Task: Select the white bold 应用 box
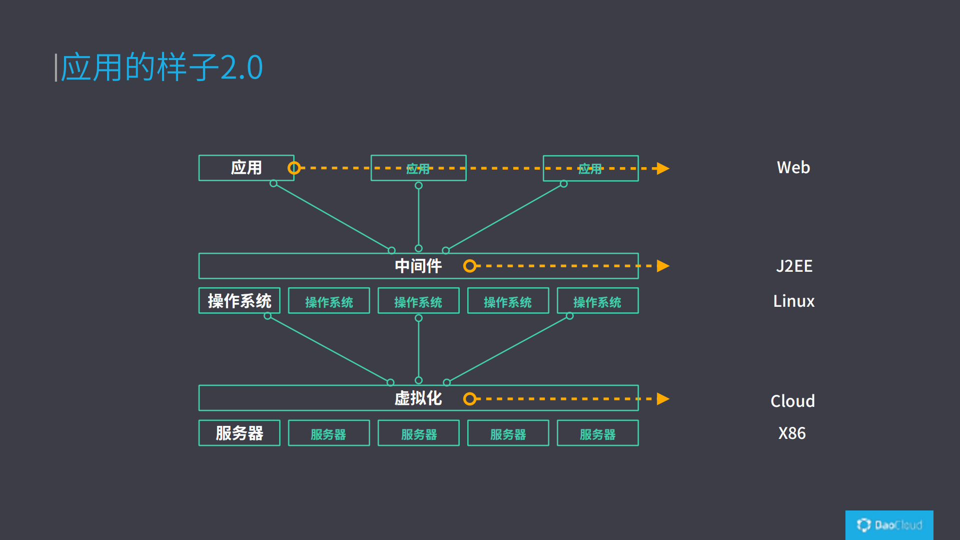coord(246,168)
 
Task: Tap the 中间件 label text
coord(418,266)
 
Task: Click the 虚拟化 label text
coord(418,398)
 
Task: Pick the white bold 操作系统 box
coord(239,301)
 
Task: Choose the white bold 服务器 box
coord(239,433)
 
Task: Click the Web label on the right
coord(793,168)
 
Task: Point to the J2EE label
coord(794,266)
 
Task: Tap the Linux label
coord(793,301)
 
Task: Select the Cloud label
coord(792,401)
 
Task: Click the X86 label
coord(792,433)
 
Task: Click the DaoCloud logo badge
coord(889,525)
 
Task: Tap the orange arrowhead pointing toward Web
coord(663,168)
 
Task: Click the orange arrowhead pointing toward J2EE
coord(663,266)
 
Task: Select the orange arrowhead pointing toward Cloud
coord(663,399)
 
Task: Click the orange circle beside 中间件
coord(469,266)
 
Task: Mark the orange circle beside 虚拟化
coord(469,399)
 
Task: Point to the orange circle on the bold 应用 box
coord(294,168)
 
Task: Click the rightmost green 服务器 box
coord(597,433)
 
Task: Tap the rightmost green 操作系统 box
coord(597,301)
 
